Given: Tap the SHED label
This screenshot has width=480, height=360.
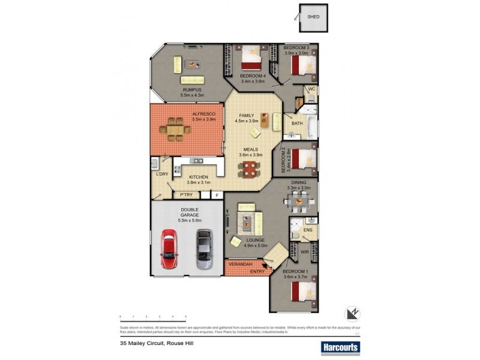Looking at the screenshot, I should point(314,17).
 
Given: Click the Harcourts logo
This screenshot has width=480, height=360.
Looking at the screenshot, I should point(340,347).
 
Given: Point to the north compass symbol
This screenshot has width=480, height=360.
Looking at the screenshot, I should point(352,313).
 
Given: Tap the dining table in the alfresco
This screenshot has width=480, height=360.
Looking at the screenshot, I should point(175,127).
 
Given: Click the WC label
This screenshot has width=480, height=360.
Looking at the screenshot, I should point(311,89).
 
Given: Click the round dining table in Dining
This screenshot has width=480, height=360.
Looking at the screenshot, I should point(298,203).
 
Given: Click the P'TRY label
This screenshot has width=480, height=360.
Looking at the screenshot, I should point(186,195).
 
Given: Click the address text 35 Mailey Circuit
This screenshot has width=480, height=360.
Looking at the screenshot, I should point(153,345).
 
